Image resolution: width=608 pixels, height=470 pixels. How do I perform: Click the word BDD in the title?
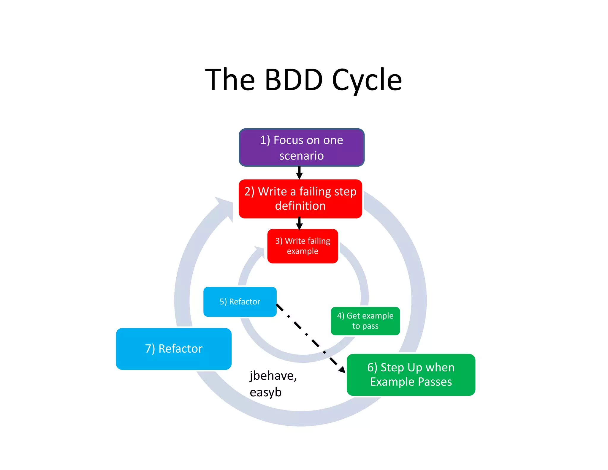293,80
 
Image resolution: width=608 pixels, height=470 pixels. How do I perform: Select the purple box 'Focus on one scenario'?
301,147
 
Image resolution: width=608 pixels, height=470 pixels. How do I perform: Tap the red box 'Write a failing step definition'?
300,199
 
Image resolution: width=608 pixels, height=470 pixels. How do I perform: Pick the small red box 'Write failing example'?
303,246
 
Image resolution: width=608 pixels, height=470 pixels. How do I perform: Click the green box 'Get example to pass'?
365,321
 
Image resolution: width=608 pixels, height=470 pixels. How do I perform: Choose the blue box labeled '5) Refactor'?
240,302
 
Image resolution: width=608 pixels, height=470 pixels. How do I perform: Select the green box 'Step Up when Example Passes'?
411,375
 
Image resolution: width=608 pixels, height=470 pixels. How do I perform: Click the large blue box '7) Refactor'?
174,349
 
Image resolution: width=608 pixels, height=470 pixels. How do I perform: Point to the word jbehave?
273,376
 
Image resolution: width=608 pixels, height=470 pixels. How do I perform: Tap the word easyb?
265,392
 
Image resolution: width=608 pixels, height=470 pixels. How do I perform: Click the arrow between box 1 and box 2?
299,173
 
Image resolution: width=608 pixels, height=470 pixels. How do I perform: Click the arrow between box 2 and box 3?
299,224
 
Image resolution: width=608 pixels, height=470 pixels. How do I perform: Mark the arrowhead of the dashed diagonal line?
342,369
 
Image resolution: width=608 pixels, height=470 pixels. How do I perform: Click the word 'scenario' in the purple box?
301,156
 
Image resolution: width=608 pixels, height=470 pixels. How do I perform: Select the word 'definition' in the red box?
300,206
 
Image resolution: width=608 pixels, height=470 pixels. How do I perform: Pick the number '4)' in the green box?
341,316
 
